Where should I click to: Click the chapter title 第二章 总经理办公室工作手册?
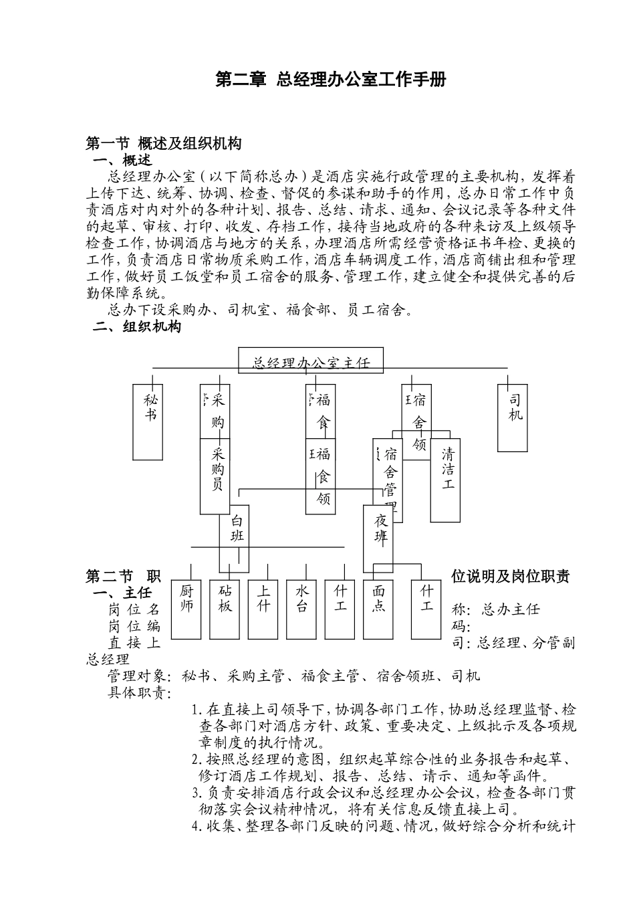click(330, 80)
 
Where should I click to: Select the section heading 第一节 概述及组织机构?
click(164, 143)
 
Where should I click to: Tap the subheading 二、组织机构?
click(136, 327)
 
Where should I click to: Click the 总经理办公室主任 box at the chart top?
click(311, 362)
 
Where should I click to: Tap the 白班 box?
click(235, 528)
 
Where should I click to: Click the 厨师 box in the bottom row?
click(186, 608)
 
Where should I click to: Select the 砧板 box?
click(225, 608)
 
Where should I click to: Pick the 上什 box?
click(263, 608)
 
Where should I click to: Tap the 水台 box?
click(302, 608)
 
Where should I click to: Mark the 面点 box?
click(379, 608)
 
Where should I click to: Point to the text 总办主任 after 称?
click(511, 609)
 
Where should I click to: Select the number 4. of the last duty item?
click(197, 827)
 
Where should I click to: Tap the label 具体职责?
click(140, 693)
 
